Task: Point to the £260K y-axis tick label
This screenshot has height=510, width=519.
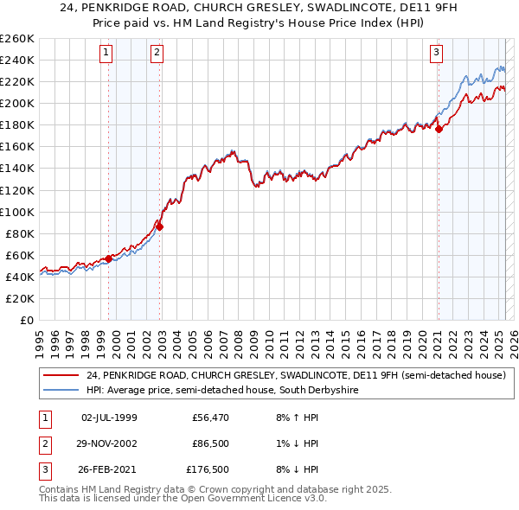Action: click(17, 38)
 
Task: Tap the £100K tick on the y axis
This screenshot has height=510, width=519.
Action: click(17, 212)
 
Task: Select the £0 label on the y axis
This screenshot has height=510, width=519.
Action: click(27, 320)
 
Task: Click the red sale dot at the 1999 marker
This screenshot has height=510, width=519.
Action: click(108, 258)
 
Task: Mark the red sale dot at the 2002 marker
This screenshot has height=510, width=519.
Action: click(160, 226)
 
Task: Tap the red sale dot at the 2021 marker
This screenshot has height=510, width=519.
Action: click(439, 129)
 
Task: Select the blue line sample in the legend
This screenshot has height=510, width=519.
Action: click(61, 391)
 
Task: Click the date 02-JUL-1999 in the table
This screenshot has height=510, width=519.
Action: click(108, 418)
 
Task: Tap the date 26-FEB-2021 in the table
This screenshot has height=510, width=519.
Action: click(108, 470)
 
